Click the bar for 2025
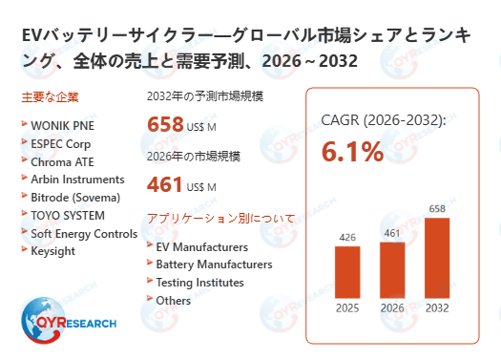(347, 272)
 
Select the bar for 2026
(392, 269)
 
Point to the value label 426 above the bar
(347, 236)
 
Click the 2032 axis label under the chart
(436, 308)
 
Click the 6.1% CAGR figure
(352, 152)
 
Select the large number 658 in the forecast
(165, 125)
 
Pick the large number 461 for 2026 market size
(165, 183)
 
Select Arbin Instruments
(77, 179)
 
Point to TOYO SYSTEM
(68, 215)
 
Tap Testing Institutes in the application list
(199, 283)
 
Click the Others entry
(173, 301)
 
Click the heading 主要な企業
(49, 96)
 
